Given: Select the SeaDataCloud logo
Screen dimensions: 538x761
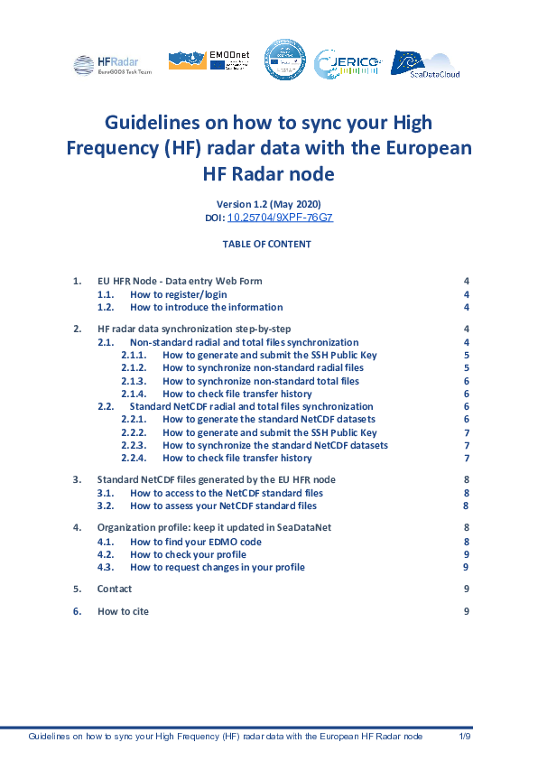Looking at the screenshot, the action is coord(425,63).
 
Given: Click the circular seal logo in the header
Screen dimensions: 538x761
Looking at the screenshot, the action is coord(284,61).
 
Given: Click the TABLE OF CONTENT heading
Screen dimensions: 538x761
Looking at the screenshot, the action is coord(268,244).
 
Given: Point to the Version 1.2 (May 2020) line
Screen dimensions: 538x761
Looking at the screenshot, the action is coord(268,203).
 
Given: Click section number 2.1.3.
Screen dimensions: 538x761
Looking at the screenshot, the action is coord(134,381).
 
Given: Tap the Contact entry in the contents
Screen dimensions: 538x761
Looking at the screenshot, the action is coord(115,589).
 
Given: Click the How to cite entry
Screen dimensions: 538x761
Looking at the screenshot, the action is coord(123,611).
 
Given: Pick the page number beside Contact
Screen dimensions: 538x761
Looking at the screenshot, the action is coord(466,589).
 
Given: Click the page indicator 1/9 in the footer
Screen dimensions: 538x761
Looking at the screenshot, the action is coord(465,738).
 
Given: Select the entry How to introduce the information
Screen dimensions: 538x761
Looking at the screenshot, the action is coord(206,307).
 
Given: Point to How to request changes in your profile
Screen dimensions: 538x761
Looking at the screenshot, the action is coord(218,567).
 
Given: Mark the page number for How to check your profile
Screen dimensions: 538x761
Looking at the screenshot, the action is coord(466,554).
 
